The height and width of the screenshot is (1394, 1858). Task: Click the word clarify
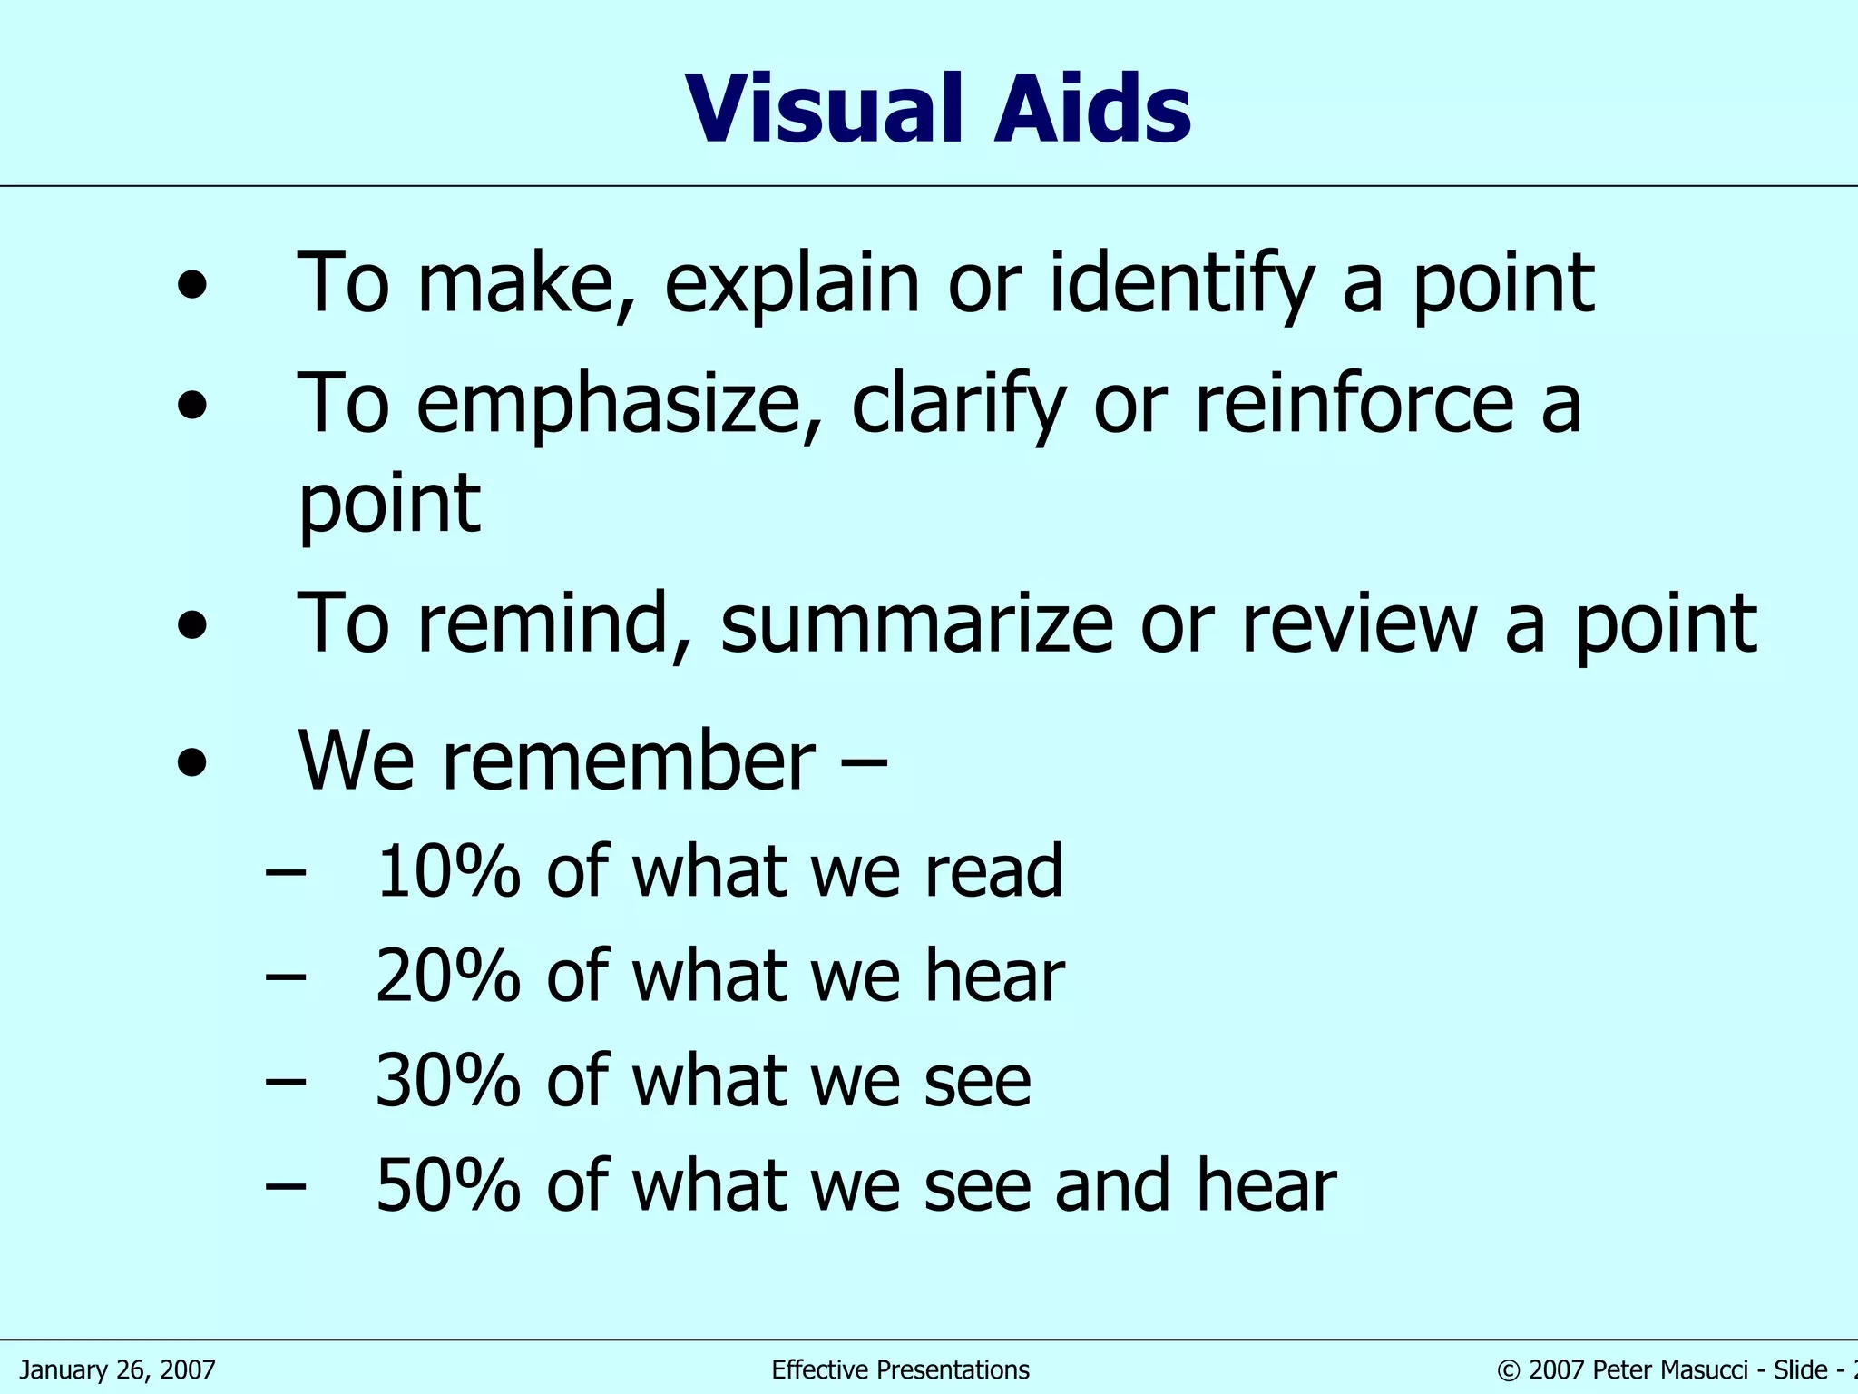[958, 406]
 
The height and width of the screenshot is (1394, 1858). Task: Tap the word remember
[629, 761]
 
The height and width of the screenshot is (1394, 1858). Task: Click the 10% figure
[448, 871]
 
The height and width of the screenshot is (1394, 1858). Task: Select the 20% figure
[448, 977]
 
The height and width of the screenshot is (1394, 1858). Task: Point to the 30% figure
[448, 1081]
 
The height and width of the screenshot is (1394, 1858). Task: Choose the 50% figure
[448, 1185]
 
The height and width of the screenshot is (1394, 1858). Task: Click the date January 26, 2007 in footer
[118, 1369]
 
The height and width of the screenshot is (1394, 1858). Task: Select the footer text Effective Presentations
[900, 1369]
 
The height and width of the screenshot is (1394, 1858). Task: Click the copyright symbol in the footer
[1509, 1370]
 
